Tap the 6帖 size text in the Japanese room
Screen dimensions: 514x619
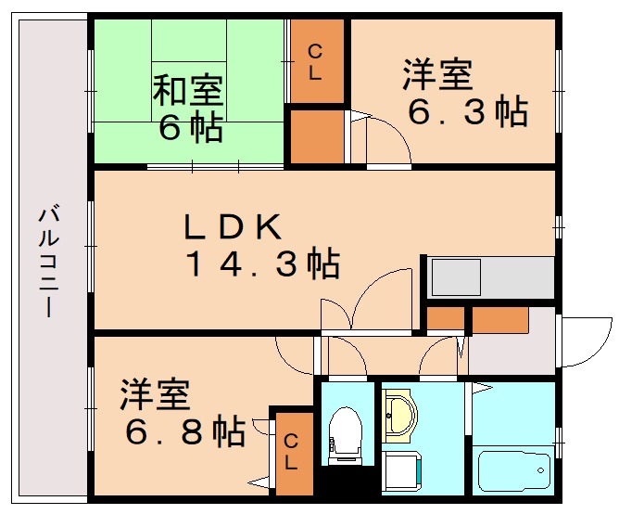[190, 127]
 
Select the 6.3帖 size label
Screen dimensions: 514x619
[469, 111]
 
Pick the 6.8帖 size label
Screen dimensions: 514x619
[185, 430]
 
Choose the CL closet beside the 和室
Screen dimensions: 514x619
[315, 62]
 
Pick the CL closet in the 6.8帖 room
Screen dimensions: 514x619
[292, 452]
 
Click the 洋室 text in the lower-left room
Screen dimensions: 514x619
[155, 395]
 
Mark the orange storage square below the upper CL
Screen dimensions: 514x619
[315, 136]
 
